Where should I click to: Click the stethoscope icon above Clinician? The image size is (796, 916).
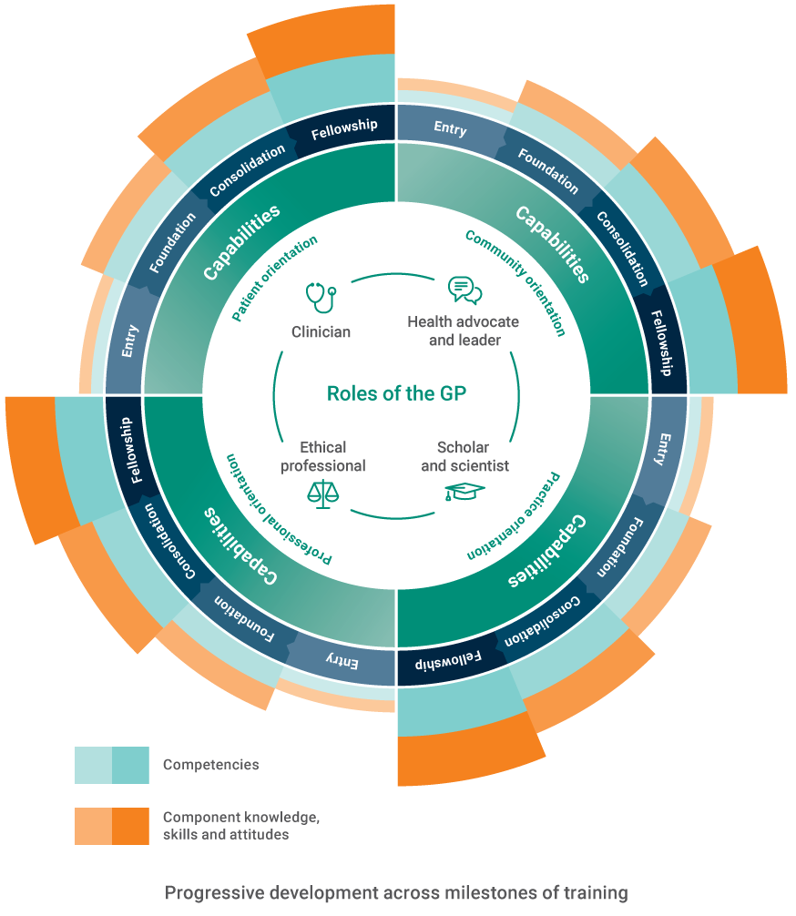click(x=321, y=297)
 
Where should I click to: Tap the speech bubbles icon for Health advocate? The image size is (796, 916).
click(x=464, y=290)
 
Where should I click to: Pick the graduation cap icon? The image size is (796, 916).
click(x=464, y=492)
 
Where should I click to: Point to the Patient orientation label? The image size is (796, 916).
click(x=274, y=279)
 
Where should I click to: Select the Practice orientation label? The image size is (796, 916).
click(x=514, y=515)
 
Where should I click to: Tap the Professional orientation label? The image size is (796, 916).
click(x=278, y=511)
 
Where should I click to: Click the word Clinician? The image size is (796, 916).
click(x=321, y=331)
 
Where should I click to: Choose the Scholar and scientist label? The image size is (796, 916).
click(x=464, y=456)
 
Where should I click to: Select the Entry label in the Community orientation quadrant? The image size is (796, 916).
click(x=450, y=128)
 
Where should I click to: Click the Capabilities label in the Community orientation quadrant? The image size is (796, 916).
click(x=551, y=244)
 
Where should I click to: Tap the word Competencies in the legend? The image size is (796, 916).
click(x=210, y=765)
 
